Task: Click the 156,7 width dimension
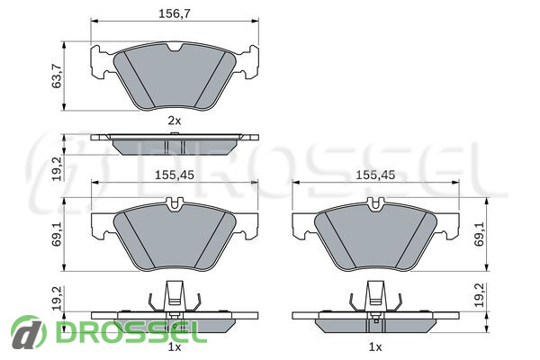(175, 13)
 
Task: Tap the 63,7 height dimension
(57, 76)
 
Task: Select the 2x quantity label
(175, 121)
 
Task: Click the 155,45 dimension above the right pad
(375, 175)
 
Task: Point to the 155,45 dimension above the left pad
(175, 175)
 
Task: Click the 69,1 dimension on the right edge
(479, 234)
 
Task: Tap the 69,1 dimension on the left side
(57, 234)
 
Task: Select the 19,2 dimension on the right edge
(479, 295)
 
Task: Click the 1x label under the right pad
(375, 347)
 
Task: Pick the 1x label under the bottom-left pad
(175, 347)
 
